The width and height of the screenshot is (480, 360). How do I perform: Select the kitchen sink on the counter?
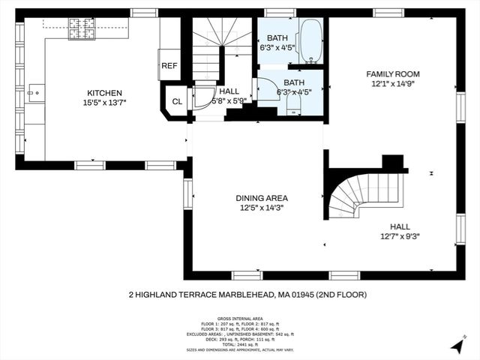point(34,94)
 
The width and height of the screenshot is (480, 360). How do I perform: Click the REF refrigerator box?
point(169,65)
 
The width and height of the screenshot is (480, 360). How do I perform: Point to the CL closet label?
point(177,101)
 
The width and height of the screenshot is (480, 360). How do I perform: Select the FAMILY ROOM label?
point(392,73)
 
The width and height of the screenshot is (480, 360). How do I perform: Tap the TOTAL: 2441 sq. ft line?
point(239,344)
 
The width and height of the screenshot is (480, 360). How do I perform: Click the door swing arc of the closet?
point(202,97)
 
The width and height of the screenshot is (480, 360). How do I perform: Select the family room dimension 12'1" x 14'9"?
point(392,83)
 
